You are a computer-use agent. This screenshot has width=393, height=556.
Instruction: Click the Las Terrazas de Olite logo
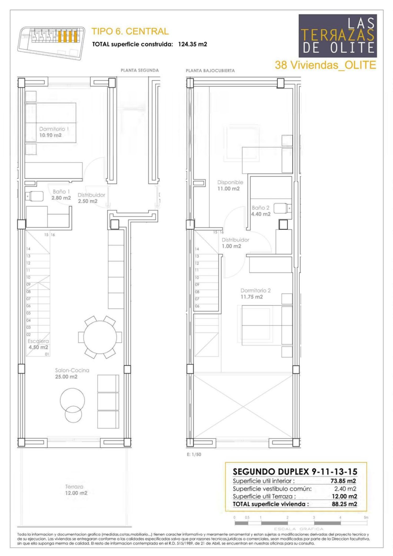(x=338, y=36)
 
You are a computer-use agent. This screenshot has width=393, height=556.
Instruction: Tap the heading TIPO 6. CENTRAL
(x=130, y=31)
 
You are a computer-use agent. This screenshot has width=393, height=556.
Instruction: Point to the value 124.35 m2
(x=193, y=44)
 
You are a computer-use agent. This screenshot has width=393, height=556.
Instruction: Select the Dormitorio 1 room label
(x=54, y=132)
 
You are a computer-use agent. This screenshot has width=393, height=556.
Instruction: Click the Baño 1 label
(x=61, y=195)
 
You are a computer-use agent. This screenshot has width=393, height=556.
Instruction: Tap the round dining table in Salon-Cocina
(x=100, y=337)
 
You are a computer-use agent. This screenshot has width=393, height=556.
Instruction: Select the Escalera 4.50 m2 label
(x=38, y=344)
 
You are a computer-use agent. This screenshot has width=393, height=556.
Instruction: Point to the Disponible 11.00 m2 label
(x=230, y=185)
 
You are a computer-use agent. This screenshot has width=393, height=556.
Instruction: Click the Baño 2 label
(x=261, y=211)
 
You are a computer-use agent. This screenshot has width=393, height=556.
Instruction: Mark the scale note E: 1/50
(x=194, y=455)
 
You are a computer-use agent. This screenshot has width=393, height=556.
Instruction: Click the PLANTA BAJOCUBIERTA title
(x=210, y=71)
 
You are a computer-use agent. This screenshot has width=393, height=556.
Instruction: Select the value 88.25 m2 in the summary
(x=344, y=504)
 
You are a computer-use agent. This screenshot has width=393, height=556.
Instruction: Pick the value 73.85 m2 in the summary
(x=343, y=481)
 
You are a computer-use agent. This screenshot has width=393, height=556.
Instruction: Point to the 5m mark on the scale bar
(x=366, y=517)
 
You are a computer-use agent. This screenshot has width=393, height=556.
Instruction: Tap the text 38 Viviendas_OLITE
(x=325, y=65)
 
